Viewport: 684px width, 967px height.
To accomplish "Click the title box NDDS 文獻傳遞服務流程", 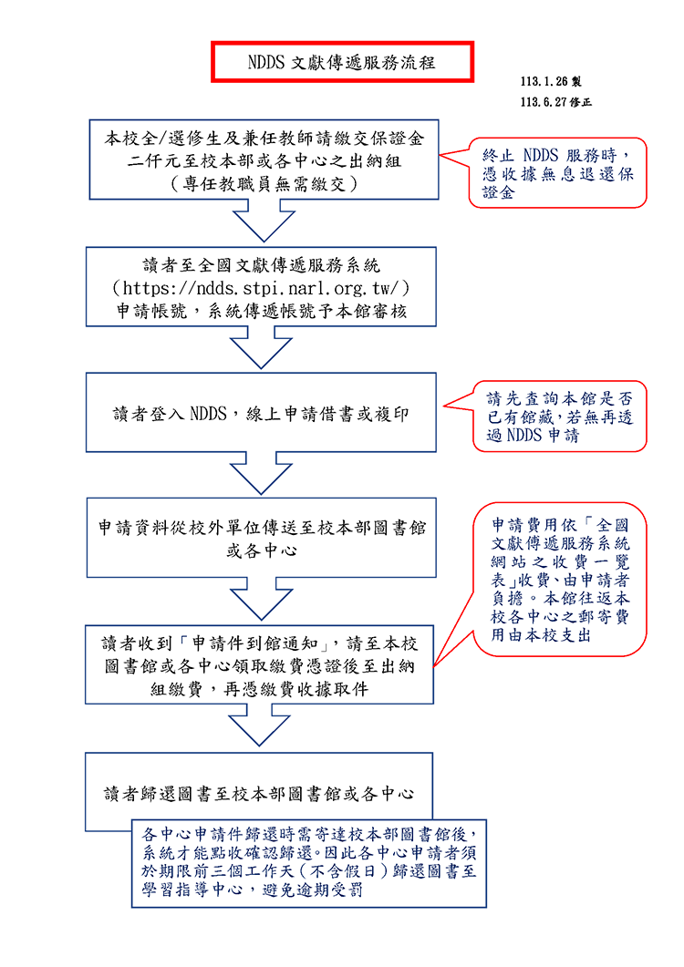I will (342, 62).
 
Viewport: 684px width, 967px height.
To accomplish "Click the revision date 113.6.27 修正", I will (555, 103).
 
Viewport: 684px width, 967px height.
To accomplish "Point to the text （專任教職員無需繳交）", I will (263, 183).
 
